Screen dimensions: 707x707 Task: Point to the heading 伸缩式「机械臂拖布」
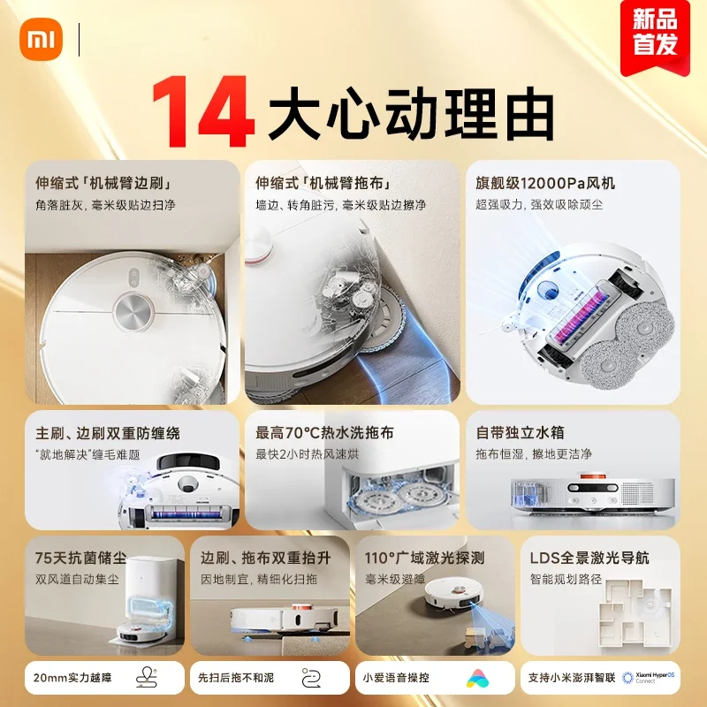[323, 184]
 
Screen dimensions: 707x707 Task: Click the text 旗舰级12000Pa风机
[545, 184]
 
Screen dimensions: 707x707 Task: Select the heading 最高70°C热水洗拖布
[324, 433]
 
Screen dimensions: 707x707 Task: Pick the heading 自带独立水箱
[520, 433]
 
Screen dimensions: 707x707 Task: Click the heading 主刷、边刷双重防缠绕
[107, 433]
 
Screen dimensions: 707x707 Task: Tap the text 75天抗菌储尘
[81, 558]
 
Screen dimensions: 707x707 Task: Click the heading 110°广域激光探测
[424, 558]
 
